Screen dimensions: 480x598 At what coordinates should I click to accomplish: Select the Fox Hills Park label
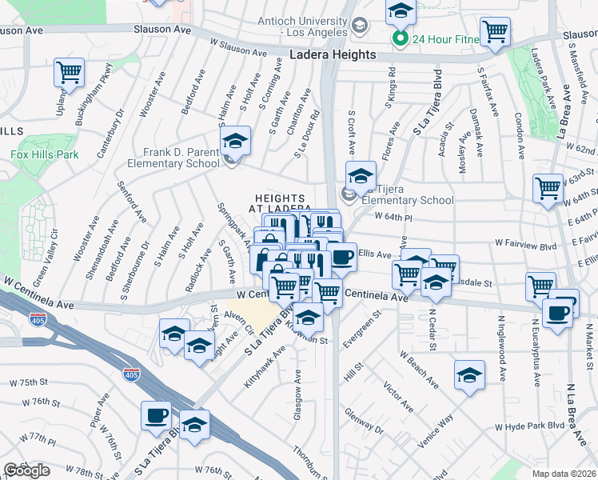pos(45,154)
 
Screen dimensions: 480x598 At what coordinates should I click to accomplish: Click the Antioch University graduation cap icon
pos(361,26)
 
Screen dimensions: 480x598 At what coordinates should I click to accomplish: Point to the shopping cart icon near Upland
pos(69,73)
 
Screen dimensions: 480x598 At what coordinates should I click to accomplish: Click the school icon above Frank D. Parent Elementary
pos(235,142)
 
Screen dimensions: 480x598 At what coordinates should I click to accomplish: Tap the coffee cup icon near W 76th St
pos(156,416)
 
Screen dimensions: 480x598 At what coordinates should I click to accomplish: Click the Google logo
pos(26,470)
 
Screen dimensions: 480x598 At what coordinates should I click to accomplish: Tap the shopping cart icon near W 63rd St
pos(548,189)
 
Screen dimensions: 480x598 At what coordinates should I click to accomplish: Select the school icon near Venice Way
pos(469,374)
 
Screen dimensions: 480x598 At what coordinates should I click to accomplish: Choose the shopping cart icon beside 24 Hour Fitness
pos(495,32)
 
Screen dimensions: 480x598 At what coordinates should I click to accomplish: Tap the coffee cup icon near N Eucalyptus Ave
pos(557,312)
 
